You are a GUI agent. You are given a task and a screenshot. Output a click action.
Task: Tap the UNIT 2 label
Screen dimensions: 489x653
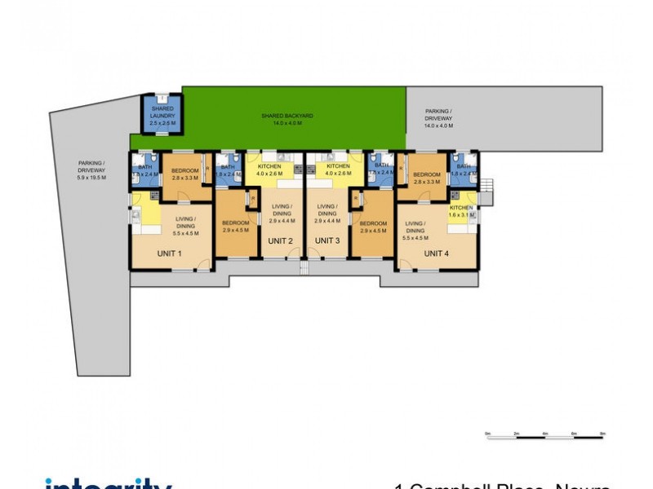[x=280, y=240]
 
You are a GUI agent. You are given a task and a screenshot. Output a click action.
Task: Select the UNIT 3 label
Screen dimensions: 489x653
[x=327, y=240]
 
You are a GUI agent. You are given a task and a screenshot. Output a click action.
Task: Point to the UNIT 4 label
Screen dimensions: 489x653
[x=436, y=253]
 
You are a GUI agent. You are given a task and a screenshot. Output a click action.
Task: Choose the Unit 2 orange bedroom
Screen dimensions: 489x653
[x=235, y=224]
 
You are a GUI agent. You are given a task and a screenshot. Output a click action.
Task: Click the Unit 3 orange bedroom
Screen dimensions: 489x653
[x=372, y=226]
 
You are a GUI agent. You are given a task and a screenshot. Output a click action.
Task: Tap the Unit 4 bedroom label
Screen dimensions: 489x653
[x=427, y=178]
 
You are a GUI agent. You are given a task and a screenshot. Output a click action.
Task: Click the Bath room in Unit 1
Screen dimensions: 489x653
[x=144, y=171]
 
